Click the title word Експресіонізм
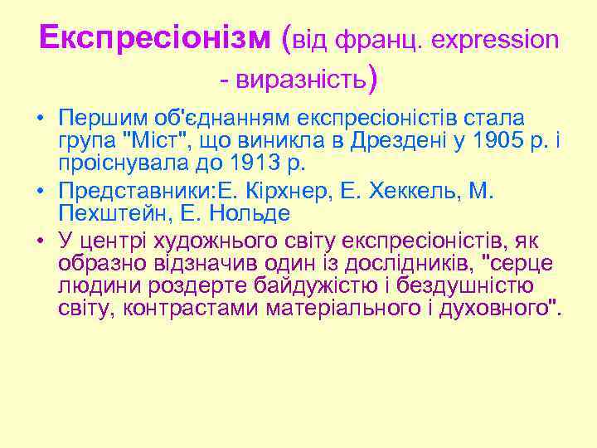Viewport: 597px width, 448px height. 154,38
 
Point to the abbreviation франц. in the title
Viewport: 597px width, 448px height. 381,38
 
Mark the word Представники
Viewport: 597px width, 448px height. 133,193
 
